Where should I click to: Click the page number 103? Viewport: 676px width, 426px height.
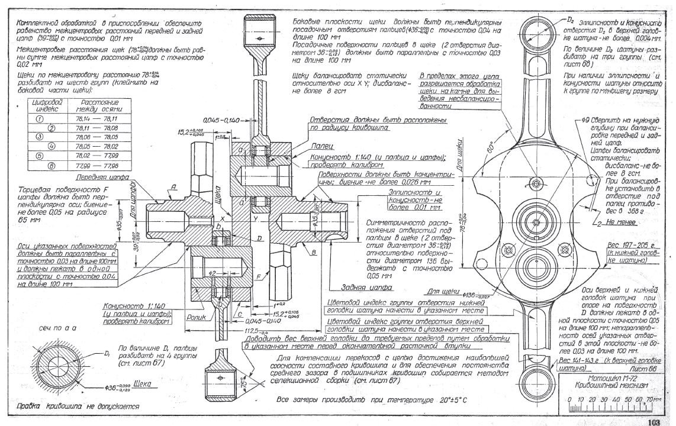653,421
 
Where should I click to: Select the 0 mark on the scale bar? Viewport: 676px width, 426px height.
568,399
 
